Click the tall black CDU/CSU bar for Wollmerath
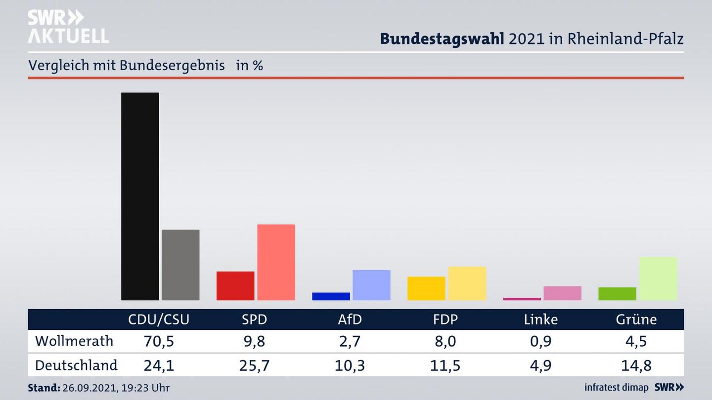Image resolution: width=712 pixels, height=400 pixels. click(x=140, y=196)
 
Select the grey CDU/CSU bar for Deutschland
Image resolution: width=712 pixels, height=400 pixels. click(x=180, y=265)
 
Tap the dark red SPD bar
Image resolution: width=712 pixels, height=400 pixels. click(x=235, y=285)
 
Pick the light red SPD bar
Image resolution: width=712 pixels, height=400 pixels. click(x=276, y=262)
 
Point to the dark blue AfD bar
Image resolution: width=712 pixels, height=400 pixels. click(x=331, y=296)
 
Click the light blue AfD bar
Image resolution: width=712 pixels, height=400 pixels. click(x=371, y=285)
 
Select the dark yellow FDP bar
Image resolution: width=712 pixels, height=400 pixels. click(x=426, y=288)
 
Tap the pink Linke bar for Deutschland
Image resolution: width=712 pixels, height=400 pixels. click(x=562, y=293)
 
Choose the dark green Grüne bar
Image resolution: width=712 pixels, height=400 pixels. click(x=617, y=294)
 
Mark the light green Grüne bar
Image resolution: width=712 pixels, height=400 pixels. click(x=658, y=279)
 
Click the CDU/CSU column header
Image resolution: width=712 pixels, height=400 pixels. click(x=159, y=320)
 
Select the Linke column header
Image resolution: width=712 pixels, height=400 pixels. click(x=541, y=320)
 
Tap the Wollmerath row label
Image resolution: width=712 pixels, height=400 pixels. click(x=74, y=341)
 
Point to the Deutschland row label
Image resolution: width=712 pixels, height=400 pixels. click(x=76, y=365)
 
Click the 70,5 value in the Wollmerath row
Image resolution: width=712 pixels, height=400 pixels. click(x=159, y=341)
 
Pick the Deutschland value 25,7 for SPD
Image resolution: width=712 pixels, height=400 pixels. click(x=254, y=365)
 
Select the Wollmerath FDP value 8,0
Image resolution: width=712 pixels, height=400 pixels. click(x=445, y=341)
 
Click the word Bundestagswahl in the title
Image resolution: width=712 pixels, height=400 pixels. click(x=442, y=39)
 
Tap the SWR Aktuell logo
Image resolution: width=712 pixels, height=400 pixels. click(x=68, y=27)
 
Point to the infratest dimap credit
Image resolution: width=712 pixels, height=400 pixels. click(x=616, y=388)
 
